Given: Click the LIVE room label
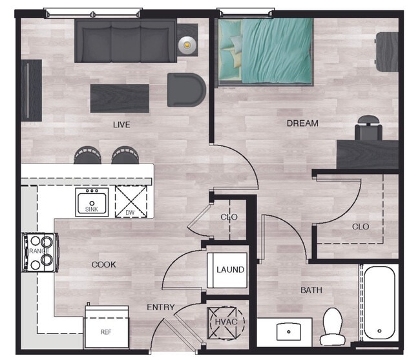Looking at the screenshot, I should click(121, 125).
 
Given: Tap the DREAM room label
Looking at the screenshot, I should click(302, 123).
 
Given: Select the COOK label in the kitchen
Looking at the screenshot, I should click(103, 264).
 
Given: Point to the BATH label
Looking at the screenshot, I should click(311, 290).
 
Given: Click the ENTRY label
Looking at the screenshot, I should click(160, 307).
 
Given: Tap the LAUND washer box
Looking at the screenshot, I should click(229, 270).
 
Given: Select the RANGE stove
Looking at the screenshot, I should click(39, 251).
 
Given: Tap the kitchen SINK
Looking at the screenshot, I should click(93, 203).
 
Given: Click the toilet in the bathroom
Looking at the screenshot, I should click(332, 326).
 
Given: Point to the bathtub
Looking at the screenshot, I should click(379, 303).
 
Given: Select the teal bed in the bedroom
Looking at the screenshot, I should click(266, 49).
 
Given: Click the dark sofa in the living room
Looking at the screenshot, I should click(125, 40).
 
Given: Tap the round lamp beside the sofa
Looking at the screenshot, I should click(187, 45).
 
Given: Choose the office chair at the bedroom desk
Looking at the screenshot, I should click(368, 129).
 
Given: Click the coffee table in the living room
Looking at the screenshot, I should click(120, 98).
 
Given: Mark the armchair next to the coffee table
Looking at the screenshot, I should click(185, 89).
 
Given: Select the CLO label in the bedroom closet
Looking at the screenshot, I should click(361, 226).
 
